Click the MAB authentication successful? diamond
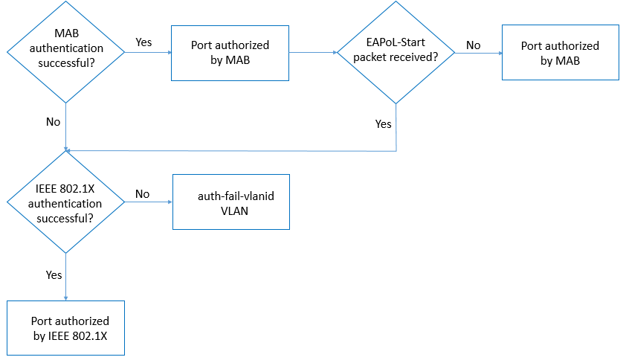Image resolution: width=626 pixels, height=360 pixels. [x=66, y=52]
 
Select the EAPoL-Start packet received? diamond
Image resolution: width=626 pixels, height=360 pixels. [x=396, y=52]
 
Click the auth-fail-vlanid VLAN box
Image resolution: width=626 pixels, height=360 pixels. [x=231, y=202]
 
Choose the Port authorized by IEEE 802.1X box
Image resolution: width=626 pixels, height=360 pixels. [x=66, y=328]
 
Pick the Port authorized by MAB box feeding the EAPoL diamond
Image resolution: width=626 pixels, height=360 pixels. [x=230, y=53]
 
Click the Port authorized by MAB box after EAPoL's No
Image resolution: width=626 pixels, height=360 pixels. [x=560, y=53]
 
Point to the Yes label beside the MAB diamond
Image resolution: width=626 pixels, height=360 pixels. [x=143, y=42]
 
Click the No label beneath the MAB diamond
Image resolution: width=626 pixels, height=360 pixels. [x=53, y=121]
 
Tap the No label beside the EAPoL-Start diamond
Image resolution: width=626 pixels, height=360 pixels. [x=473, y=45]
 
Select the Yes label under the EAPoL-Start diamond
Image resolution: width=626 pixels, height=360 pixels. [x=383, y=124]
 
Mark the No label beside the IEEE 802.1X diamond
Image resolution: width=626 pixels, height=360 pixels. [x=142, y=194]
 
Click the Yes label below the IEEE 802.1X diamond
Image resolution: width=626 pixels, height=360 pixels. [x=54, y=274]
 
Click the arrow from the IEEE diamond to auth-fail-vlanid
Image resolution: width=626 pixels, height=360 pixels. [x=149, y=203]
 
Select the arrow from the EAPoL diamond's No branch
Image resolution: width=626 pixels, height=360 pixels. [x=479, y=54]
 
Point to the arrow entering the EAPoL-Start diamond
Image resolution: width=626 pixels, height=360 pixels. [x=313, y=53]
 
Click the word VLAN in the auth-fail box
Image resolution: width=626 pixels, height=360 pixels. [x=231, y=210]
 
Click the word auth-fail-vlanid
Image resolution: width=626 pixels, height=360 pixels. [x=231, y=196]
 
